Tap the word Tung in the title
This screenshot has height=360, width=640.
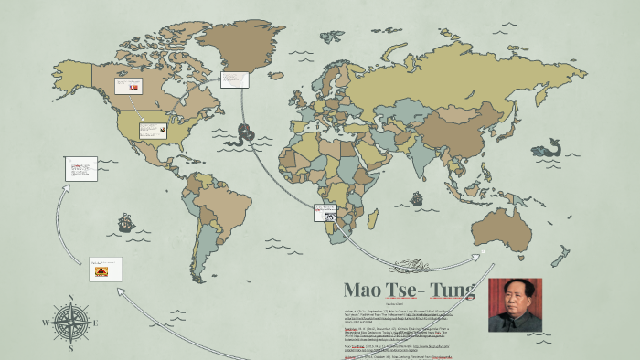(x=453, y=291)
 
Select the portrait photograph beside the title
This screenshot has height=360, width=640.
(x=515, y=305)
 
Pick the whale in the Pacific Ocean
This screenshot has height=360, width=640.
(x=549, y=147)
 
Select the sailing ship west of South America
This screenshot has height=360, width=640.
(x=126, y=222)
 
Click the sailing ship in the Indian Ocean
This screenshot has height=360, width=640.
(x=416, y=197)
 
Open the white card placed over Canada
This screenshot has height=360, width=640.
(x=128, y=86)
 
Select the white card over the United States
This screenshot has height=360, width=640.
(x=153, y=130)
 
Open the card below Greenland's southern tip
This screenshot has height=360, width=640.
(x=235, y=79)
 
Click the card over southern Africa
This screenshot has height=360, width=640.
(x=325, y=212)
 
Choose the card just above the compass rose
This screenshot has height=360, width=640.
(x=105, y=269)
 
